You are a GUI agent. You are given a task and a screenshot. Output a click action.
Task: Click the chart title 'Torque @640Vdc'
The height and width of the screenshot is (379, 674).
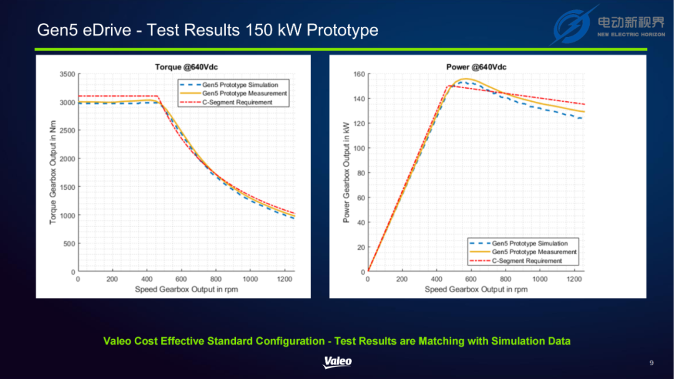(x=186, y=67)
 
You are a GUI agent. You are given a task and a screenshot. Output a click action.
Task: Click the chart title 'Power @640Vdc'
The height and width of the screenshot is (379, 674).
(x=476, y=67)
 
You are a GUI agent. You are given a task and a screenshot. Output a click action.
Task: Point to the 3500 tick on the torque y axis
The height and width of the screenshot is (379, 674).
(x=67, y=74)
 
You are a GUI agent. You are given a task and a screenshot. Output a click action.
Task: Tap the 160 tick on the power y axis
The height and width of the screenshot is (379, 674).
(x=359, y=74)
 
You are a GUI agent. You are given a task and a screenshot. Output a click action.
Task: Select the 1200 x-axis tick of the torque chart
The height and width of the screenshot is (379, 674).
(x=284, y=279)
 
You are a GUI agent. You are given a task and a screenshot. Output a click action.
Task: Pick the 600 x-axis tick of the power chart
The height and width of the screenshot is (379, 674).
(x=471, y=279)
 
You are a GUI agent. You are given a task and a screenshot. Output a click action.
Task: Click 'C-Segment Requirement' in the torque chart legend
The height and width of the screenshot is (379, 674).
(x=237, y=102)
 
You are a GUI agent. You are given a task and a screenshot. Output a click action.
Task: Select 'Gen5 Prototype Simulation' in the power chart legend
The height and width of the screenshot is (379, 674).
(x=530, y=244)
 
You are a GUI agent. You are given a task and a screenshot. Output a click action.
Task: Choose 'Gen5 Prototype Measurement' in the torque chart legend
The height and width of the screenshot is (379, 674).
(x=245, y=94)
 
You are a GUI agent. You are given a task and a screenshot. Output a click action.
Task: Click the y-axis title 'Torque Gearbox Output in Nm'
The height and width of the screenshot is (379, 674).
(x=53, y=172)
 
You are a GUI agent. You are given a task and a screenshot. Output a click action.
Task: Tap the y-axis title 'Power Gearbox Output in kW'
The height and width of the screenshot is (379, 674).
(x=346, y=172)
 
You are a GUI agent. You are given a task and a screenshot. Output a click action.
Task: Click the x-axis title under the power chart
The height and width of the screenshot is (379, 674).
(x=476, y=290)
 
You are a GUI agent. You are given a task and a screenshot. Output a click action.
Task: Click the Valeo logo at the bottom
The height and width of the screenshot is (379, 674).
(x=338, y=362)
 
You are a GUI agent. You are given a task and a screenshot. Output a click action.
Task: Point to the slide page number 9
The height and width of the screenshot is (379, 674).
(x=652, y=363)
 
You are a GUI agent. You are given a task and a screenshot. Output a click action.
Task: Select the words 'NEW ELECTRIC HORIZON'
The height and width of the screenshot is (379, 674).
(x=631, y=34)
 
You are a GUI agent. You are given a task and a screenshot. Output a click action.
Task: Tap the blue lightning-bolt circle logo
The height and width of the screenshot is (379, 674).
(x=572, y=26)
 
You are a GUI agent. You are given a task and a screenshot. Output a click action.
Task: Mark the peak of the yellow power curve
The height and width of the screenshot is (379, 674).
(x=466, y=79)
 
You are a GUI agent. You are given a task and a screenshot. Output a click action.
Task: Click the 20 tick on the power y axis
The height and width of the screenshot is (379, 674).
(x=361, y=247)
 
